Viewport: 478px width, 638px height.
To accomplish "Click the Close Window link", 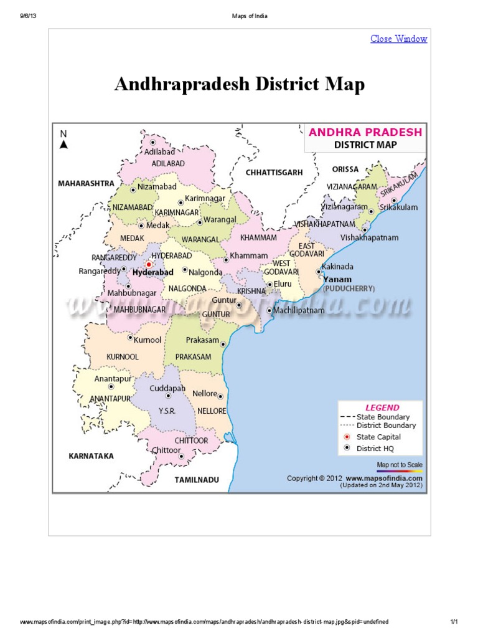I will point(398,39).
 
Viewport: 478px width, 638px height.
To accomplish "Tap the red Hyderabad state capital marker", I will point(148,264).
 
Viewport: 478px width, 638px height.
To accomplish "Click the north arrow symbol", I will point(63,144).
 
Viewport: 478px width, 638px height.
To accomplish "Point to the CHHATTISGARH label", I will point(274,171).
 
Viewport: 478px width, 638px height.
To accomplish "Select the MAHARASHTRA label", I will point(87,184).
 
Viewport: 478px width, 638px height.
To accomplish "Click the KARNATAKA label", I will point(91,455).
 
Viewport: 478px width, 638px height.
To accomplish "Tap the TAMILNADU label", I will point(197,480).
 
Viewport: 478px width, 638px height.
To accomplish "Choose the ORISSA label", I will point(345,169).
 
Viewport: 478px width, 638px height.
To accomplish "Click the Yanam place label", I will point(337,279).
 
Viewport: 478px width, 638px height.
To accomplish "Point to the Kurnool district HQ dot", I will point(130,338).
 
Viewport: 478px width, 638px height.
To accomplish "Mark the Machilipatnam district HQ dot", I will point(269,310).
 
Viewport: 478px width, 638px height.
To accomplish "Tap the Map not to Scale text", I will point(400,465).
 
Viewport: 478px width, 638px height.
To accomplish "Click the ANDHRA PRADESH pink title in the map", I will point(365,132).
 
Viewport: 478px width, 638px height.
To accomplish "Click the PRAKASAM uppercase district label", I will point(193,356).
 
